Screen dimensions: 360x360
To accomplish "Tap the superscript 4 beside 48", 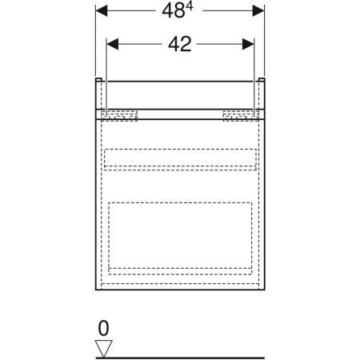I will pos(191,8).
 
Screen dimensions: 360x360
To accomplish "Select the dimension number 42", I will pos(181,44).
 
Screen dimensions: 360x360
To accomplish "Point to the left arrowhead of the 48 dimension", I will pos(102,13).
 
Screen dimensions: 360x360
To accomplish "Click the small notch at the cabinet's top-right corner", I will pos(262,81).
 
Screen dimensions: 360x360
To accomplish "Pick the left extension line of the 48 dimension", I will pos(96,40).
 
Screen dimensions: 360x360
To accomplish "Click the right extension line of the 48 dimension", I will pos(264,40).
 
